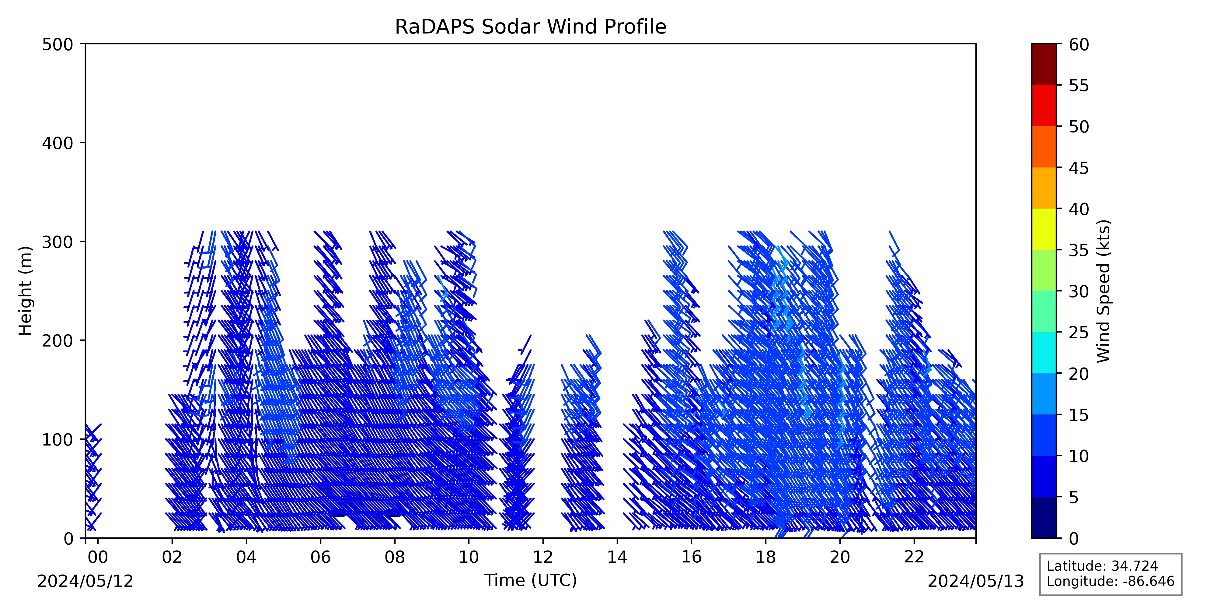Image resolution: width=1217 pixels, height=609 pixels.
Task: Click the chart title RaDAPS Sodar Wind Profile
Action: point(531,27)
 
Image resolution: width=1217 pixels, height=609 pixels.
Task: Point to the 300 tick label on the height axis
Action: point(58,242)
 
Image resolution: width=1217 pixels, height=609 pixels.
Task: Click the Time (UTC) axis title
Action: point(531,580)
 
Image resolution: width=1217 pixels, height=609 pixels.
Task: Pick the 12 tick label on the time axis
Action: point(543,557)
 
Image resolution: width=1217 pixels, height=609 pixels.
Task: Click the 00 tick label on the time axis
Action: point(98,557)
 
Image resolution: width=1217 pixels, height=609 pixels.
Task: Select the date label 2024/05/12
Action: point(85,581)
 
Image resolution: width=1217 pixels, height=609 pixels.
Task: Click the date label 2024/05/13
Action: point(976,581)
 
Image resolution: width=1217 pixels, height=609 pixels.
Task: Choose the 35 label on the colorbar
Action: point(1079,250)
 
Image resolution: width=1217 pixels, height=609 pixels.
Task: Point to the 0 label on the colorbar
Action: point(1074,538)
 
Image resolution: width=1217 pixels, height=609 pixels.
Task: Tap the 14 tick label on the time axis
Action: point(617,557)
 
